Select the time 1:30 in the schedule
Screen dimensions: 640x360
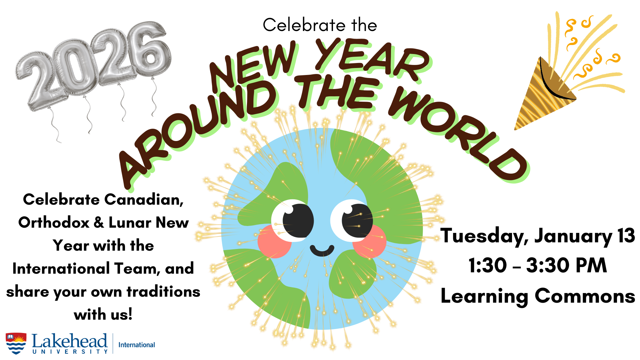488,266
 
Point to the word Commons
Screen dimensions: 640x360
585,296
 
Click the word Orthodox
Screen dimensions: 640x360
54,222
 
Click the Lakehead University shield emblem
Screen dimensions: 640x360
16,343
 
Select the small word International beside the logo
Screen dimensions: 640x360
137,345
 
